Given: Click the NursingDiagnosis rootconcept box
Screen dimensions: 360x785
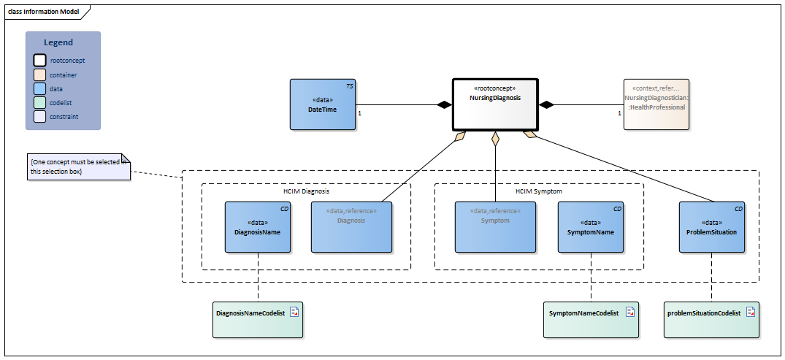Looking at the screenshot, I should tap(495, 104).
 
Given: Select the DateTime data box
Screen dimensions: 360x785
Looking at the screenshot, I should tap(322, 104).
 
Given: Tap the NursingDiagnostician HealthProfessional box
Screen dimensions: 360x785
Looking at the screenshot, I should tap(656, 104).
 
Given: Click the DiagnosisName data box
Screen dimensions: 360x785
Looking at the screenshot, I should tap(258, 227).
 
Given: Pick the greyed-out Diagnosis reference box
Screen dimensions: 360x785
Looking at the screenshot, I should tap(351, 227).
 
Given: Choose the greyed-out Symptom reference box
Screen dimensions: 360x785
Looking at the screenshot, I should tap(495, 227).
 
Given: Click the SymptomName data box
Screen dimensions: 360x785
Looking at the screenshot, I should tap(590, 227).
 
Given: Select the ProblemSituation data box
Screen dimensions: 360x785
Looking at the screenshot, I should tap(711, 227).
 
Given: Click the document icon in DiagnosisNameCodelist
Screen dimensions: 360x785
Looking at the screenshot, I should tap(294, 313).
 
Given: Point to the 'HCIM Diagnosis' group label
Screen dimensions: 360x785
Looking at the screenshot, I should tap(306, 191).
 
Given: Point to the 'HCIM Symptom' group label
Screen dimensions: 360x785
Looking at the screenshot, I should tap(538, 191).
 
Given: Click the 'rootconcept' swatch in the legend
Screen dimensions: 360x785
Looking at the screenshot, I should tap(40, 61).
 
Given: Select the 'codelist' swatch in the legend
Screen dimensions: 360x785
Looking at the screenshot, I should tap(40, 102).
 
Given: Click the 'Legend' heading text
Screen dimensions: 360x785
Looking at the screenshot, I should tap(58, 43).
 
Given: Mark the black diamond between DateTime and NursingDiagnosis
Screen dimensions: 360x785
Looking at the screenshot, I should tap(444, 105).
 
